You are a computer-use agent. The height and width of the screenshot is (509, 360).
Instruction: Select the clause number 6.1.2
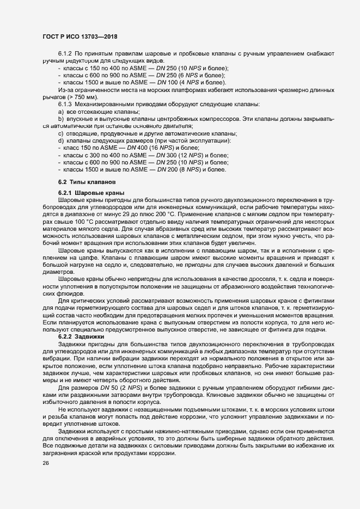click(65, 55)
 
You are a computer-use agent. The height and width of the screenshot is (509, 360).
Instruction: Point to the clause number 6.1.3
click(65, 103)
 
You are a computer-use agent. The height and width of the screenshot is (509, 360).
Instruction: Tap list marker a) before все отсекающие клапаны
click(60, 111)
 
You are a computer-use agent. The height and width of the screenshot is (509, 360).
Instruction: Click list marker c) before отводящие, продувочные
click(60, 134)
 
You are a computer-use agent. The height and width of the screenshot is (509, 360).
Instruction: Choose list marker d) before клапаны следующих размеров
click(60, 141)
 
